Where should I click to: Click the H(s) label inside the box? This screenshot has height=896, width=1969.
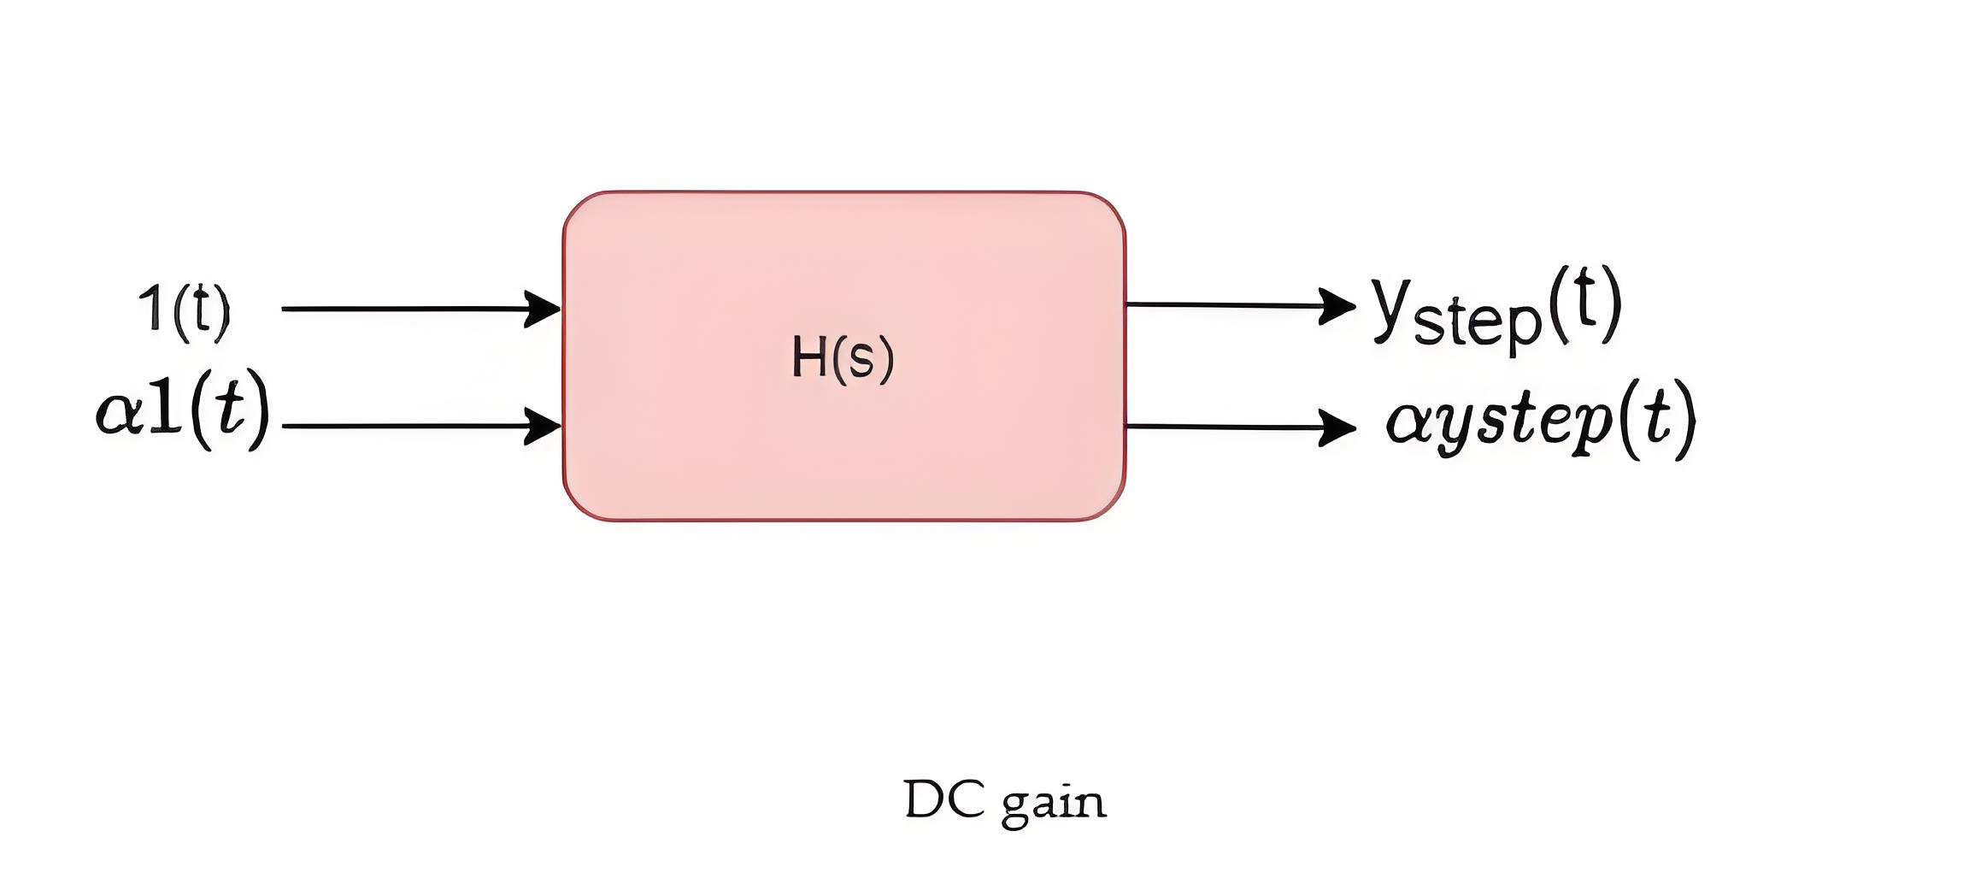coord(843,357)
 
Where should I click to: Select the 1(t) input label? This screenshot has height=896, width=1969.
coord(185,309)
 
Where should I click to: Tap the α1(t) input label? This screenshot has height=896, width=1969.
coord(183,411)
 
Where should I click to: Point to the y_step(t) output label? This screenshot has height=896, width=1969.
coord(1496,309)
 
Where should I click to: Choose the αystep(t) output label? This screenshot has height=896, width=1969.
coord(1541,420)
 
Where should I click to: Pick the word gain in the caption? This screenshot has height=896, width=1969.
coord(1054,804)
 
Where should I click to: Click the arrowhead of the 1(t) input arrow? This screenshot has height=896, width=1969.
coord(543,309)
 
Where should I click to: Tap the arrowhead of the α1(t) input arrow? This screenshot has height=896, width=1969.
coord(543,426)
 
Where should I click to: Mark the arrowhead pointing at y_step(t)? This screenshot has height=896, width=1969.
coord(1337,306)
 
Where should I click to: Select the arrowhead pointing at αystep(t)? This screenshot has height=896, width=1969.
coord(1337,427)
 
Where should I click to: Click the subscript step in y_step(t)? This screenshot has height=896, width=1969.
coord(1478,324)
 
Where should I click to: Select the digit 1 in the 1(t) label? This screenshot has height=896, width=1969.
coord(153,308)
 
